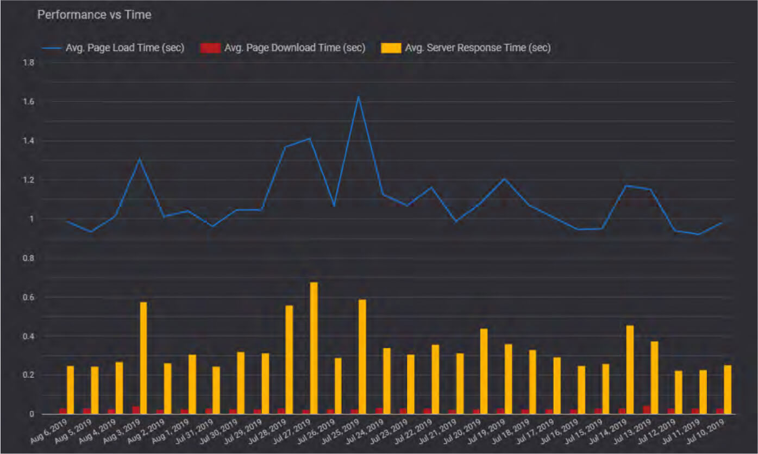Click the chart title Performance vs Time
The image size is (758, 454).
tap(94, 15)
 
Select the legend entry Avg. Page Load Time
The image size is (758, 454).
tap(124, 48)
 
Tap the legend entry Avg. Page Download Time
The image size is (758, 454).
tap(294, 48)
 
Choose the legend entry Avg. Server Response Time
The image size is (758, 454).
tap(478, 48)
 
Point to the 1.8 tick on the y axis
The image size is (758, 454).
tap(29, 63)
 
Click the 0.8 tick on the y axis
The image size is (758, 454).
tap(29, 258)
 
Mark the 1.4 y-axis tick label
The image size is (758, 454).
tap(29, 141)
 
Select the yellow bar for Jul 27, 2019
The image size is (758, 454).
tap(314, 348)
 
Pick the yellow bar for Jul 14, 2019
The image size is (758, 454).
tap(629, 370)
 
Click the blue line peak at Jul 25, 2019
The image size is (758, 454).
tap(359, 97)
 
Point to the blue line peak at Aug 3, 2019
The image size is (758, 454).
tap(140, 159)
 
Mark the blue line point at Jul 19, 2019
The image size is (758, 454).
tap(504, 178)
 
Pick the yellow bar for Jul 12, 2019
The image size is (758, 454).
tap(678, 392)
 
